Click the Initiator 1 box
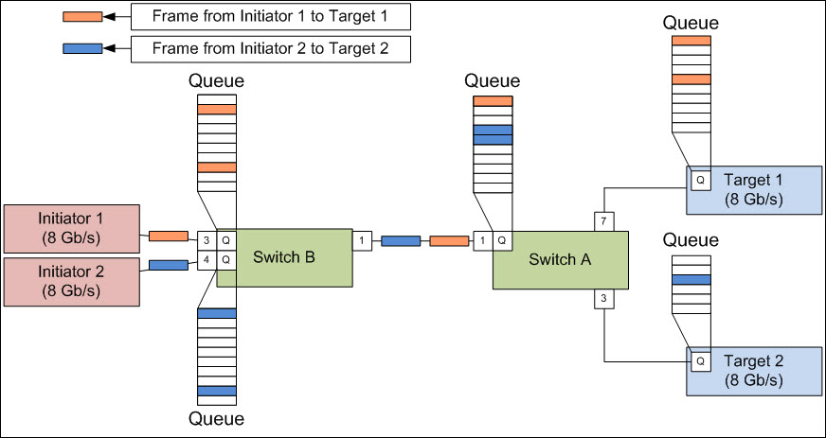tap(72, 229)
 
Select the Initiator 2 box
tap(72, 281)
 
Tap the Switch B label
tap(284, 257)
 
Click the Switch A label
tap(560, 259)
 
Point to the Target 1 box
tap(754, 190)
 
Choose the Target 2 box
tap(754, 371)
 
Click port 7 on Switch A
tap(604, 221)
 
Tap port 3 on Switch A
tap(604, 299)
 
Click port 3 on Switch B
tap(207, 241)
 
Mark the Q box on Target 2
tap(700, 361)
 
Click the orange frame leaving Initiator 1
tap(168, 237)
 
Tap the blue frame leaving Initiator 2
tap(168, 265)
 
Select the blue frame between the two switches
tap(401, 241)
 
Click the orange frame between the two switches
tap(449, 241)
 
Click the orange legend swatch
tap(82, 17)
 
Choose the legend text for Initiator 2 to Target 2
tap(270, 49)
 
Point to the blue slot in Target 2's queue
tap(691, 280)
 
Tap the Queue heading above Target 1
tap(691, 23)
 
